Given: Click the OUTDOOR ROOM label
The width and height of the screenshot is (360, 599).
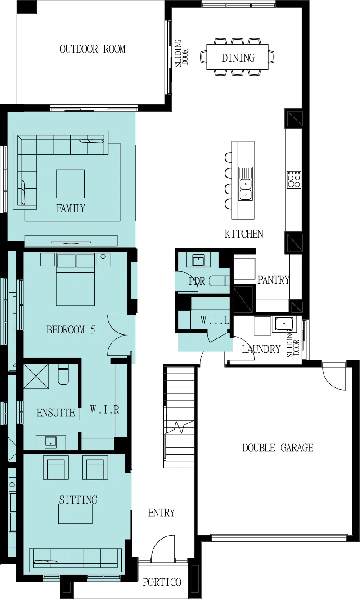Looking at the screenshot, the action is pyautogui.click(x=93, y=49).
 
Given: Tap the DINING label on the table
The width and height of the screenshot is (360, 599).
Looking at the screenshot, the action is pyautogui.click(x=238, y=58).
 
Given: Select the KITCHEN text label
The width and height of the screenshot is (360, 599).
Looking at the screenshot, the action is pyautogui.click(x=244, y=234).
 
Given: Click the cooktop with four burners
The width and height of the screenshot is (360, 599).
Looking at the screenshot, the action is pyautogui.click(x=294, y=180).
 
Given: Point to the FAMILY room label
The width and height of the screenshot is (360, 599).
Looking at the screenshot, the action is pyautogui.click(x=71, y=208).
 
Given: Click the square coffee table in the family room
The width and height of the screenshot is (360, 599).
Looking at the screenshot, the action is pyautogui.click(x=70, y=184).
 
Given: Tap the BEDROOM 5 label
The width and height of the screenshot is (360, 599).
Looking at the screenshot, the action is pyautogui.click(x=71, y=330).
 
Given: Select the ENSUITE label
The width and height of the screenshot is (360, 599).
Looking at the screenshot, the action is pyautogui.click(x=56, y=413).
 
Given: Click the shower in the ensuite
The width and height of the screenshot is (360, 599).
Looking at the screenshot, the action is pyautogui.click(x=36, y=376).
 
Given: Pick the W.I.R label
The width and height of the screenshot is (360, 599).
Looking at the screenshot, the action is pyautogui.click(x=104, y=410).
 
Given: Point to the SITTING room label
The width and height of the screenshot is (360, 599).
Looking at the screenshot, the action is pyautogui.click(x=78, y=500).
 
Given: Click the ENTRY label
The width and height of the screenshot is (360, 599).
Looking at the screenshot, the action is pyautogui.click(x=161, y=513).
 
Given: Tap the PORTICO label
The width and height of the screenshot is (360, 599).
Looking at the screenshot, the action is pyautogui.click(x=162, y=582).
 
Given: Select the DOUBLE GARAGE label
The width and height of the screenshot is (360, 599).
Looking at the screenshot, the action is pyautogui.click(x=278, y=448).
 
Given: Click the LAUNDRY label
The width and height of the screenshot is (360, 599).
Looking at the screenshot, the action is pyautogui.click(x=261, y=349).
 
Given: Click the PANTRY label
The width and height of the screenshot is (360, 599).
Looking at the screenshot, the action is pyautogui.click(x=273, y=280).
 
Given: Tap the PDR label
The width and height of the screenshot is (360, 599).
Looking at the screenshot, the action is pyautogui.click(x=197, y=281).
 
